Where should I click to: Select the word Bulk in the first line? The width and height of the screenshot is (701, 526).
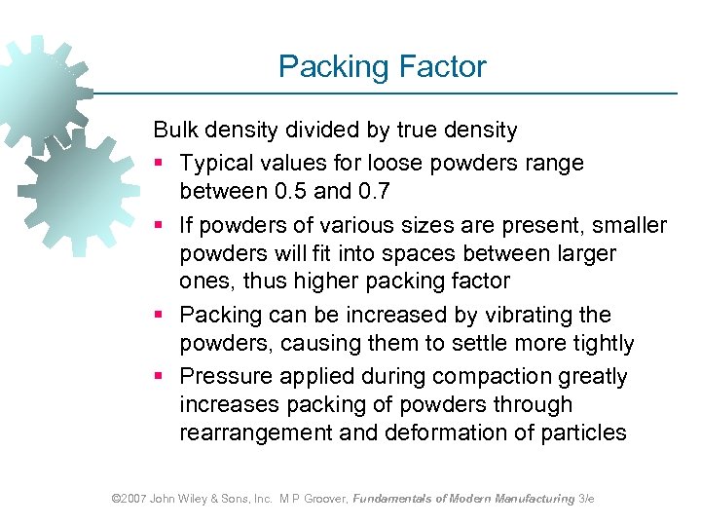pyautogui.click(x=175, y=130)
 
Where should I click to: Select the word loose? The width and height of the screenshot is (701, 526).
pyautogui.click(x=387, y=162)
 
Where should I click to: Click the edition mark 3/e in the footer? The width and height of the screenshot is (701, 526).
pyautogui.click(x=586, y=499)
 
